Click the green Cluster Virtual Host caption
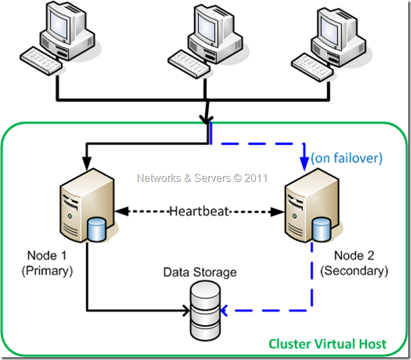click(327, 344)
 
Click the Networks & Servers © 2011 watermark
click(202, 178)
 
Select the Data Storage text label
click(199, 272)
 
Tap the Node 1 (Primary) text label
click(49, 263)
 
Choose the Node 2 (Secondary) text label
click(355, 264)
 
